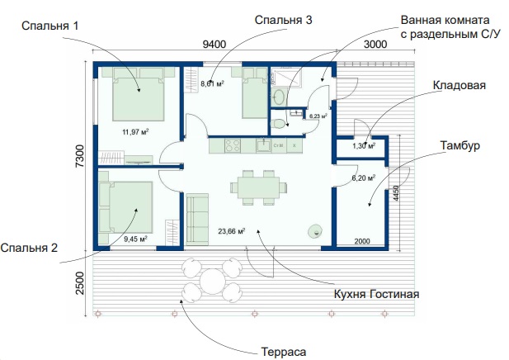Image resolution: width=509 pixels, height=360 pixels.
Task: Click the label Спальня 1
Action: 50,26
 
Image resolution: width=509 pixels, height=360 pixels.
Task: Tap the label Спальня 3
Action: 284,20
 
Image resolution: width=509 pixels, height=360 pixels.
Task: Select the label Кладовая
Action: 460,85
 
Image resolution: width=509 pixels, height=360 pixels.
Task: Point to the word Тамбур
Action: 460,145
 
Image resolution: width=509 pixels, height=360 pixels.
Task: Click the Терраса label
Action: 284,352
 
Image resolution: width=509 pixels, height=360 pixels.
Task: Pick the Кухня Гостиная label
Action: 376,294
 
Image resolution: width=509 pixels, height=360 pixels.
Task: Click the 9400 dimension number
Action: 214,45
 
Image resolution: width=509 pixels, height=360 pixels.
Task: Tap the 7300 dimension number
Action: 80,156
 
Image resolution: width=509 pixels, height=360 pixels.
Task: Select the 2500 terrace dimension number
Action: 80,283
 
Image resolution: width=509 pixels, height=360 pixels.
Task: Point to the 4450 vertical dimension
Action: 396,193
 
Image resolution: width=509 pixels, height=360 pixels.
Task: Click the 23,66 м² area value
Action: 232,231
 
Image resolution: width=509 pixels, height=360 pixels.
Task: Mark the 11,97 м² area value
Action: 135,132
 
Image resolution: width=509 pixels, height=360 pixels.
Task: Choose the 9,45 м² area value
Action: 135,239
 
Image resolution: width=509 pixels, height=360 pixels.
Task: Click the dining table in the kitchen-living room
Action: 258,187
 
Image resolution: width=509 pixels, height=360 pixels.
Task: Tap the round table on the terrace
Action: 213,281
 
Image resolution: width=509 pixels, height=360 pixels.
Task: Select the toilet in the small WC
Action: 278,124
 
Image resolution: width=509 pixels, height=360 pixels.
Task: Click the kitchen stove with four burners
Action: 233,145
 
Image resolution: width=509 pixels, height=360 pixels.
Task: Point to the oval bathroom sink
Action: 279,97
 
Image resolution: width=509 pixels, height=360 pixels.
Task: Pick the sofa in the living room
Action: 197,220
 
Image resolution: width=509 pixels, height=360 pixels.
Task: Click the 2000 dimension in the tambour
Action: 362,241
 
